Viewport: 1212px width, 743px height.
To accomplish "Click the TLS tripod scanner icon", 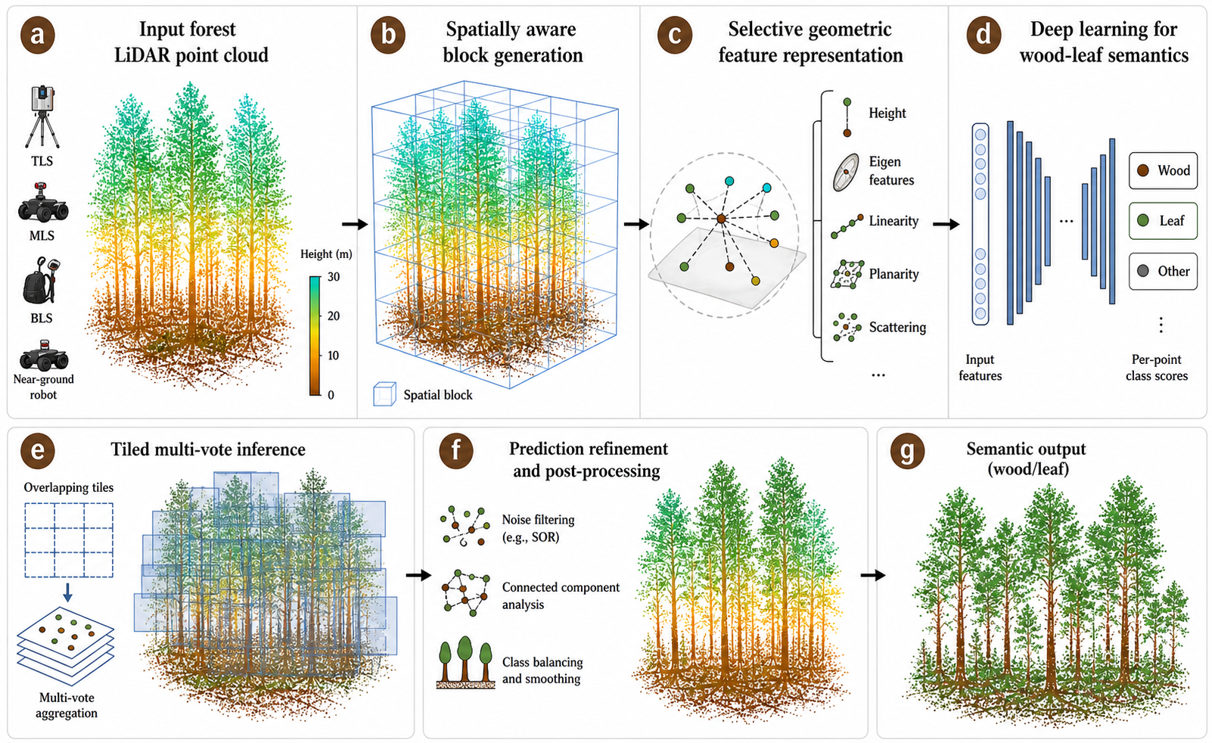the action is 42,117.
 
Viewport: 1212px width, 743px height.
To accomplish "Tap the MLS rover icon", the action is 42,203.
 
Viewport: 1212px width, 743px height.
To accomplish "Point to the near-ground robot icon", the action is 43,355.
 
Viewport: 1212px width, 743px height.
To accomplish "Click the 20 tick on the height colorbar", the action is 334,316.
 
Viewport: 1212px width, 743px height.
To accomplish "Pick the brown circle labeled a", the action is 37,35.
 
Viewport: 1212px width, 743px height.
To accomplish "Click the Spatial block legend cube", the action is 384,394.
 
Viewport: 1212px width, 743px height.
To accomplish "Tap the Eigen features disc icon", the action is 845,172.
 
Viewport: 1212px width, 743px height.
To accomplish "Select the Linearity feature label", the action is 893,221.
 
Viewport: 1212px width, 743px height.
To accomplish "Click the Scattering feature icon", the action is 847,327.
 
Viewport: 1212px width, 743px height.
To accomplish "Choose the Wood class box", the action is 1163,170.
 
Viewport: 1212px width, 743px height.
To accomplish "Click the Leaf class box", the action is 1163,221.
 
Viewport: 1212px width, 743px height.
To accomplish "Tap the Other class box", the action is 1163,271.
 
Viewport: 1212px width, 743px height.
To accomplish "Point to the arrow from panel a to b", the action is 354,224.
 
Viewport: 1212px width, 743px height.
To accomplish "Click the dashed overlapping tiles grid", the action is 69,540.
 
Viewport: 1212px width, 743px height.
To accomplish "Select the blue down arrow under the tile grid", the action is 67,592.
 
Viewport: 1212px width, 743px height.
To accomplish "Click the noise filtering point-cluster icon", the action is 465,526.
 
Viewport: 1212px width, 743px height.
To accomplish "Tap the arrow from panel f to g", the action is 873,575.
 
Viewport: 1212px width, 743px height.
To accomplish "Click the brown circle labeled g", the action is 907,451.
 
